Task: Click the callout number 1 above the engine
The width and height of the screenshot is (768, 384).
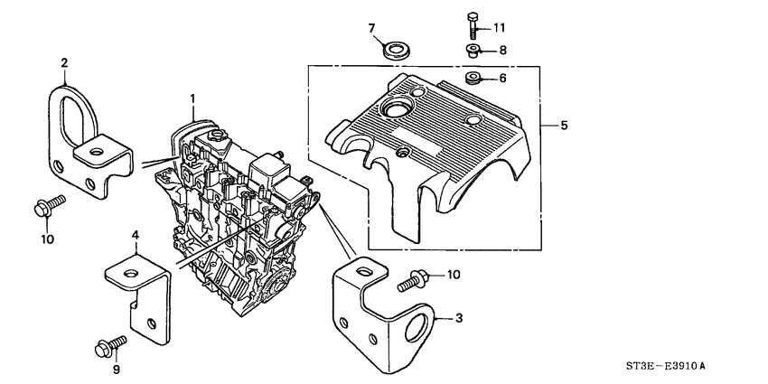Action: click(x=192, y=97)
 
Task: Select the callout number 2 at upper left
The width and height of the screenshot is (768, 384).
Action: click(x=64, y=62)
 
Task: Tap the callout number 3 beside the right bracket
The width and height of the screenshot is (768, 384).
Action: click(x=459, y=318)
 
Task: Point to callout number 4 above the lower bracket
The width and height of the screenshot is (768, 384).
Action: click(x=135, y=236)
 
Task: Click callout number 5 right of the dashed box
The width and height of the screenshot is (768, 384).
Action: click(x=564, y=126)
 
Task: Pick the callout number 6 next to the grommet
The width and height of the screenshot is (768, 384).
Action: click(x=502, y=79)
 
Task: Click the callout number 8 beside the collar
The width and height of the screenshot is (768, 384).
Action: click(x=502, y=51)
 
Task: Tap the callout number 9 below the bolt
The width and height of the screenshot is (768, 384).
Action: click(x=116, y=369)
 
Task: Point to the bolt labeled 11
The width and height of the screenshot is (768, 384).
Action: click(x=473, y=23)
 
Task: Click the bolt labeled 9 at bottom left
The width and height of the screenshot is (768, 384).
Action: click(x=105, y=346)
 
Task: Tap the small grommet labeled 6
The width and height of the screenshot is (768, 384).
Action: click(x=473, y=80)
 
